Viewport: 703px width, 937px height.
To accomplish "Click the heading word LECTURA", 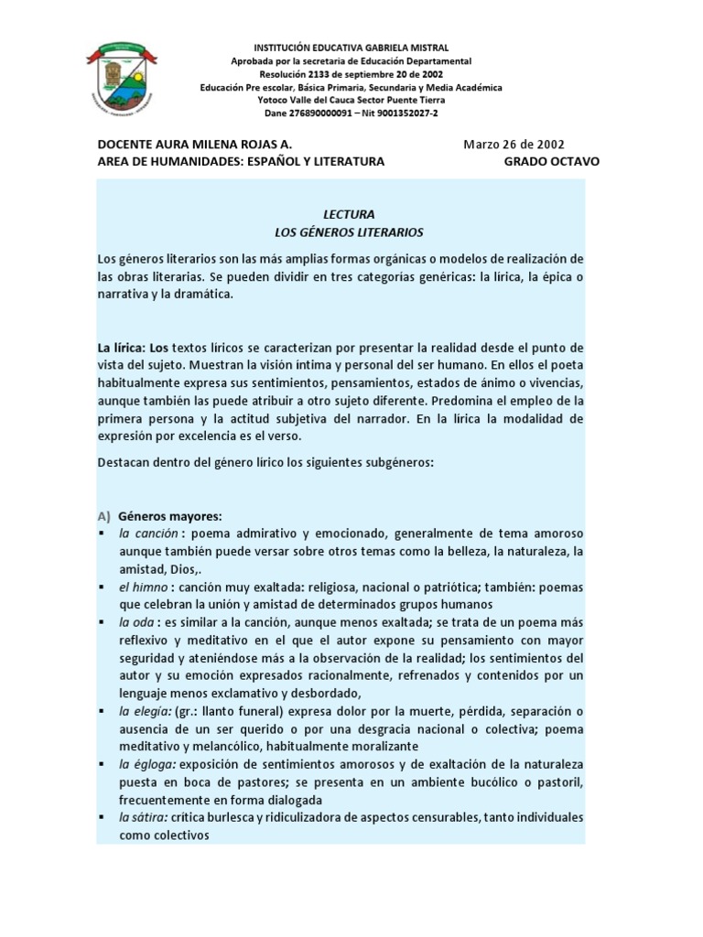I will click(x=351, y=214).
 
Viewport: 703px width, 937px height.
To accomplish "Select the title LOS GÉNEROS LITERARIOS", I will click(x=351, y=232).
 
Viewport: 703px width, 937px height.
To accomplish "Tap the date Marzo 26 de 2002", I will click(x=514, y=144).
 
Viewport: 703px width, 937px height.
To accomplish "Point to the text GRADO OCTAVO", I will click(x=552, y=161).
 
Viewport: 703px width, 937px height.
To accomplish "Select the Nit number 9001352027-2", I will click(x=401, y=113).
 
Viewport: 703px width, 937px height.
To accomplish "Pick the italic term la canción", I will click(x=147, y=533).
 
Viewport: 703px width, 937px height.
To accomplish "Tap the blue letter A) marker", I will click(x=104, y=515).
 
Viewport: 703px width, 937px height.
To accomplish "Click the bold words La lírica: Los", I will click(x=134, y=348).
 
